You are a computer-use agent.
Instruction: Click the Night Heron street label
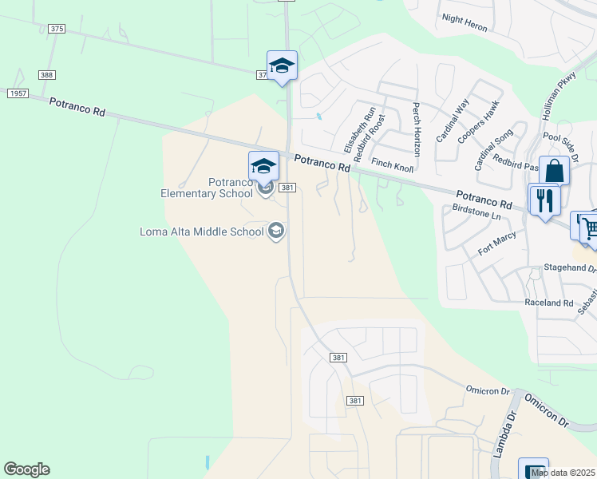pos(464,22)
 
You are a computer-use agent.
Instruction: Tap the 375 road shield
pos(56,29)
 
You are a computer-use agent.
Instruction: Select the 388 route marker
pos(47,75)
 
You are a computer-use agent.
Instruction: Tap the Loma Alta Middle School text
pos(201,232)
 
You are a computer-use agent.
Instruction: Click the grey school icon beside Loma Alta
pos(276,232)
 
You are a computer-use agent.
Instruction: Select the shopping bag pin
pos(554,171)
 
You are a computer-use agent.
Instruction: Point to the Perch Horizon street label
pos(416,129)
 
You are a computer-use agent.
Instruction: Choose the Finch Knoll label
pos(393,165)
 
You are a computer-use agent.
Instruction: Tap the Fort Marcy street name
pos(496,243)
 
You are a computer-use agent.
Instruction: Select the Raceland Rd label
pos(549,303)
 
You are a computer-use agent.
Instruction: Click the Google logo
pos(26,469)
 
